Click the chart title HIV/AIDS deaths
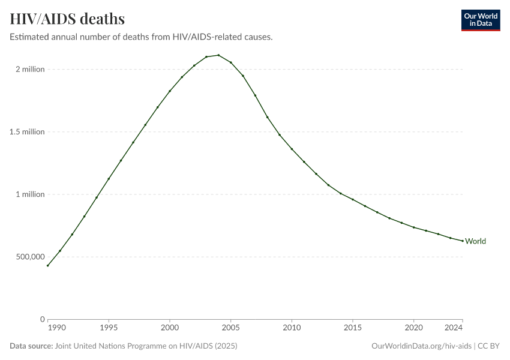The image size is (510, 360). pos(67,19)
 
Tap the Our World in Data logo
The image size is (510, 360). pos(480,20)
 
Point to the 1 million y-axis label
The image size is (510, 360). pos(30,194)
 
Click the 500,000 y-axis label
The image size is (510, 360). pos(29,257)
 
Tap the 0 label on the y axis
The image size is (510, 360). pos(42,319)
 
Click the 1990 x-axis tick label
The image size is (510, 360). pos(56,328)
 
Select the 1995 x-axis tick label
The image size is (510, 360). pos(109,328)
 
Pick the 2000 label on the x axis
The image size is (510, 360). pos(170,328)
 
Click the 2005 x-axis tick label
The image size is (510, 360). pos(230,328)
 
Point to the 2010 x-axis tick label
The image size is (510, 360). pos(292,328)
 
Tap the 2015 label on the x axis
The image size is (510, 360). pos(352,328)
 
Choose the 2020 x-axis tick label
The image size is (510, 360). pos(413,328)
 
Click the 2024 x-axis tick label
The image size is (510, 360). pos(454,328)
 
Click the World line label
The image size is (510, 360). pos(475,241)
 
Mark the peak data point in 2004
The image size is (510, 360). pos(218,55)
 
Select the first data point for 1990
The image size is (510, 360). pos(48,265)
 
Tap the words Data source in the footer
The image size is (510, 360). pos(31,346)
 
